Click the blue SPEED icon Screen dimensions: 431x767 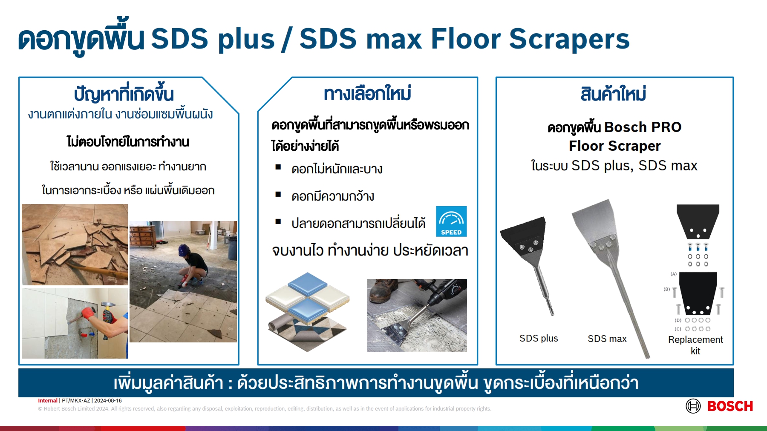[451, 221]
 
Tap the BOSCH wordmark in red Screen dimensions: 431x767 [730, 406]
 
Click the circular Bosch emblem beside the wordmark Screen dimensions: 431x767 [693, 406]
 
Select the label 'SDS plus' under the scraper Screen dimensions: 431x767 [539, 339]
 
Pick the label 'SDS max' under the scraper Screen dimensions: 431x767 [607, 339]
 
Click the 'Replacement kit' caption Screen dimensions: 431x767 [695, 345]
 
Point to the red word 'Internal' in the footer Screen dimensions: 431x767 [48, 401]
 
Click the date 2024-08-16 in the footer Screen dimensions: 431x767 [108, 401]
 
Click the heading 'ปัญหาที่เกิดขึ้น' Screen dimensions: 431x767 [124, 94]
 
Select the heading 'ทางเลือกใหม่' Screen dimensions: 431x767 [367, 94]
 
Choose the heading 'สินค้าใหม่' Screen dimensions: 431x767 [613, 94]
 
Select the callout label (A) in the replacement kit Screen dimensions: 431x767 [673, 274]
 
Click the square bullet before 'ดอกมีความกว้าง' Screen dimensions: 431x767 [278, 195]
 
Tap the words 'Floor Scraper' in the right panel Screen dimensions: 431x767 [614, 146]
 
